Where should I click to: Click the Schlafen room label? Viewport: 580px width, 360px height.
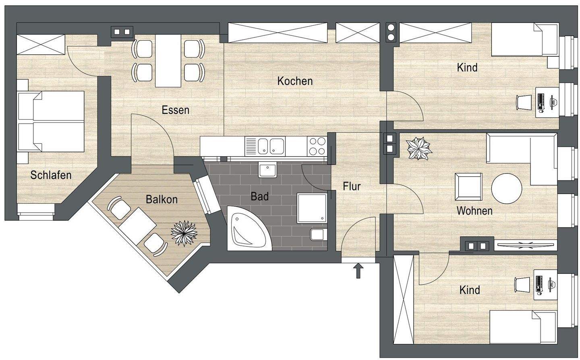(51, 175)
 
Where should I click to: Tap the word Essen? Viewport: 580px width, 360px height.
(176, 110)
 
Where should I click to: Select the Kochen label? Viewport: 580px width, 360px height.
(295, 81)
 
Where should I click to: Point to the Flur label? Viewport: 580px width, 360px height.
(352, 186)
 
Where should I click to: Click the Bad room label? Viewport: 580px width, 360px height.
(259, 197)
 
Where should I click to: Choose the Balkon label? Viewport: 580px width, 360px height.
(162, 199)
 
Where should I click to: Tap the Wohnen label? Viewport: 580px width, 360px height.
(474, 211)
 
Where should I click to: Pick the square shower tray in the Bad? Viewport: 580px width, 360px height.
(312, 208)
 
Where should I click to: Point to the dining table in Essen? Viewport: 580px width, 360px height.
(168, 60)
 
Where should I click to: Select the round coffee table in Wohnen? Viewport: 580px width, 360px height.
(506, 188)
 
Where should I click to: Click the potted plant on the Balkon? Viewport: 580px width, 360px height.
(185, 232)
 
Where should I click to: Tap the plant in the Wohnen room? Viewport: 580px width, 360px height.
(419, 149)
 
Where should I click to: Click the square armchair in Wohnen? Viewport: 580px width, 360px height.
(468, 186)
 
